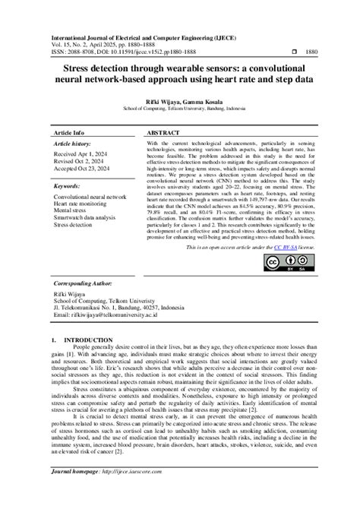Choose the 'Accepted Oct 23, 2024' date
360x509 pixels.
click(83, 169)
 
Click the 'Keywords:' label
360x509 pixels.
click(69, 185)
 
